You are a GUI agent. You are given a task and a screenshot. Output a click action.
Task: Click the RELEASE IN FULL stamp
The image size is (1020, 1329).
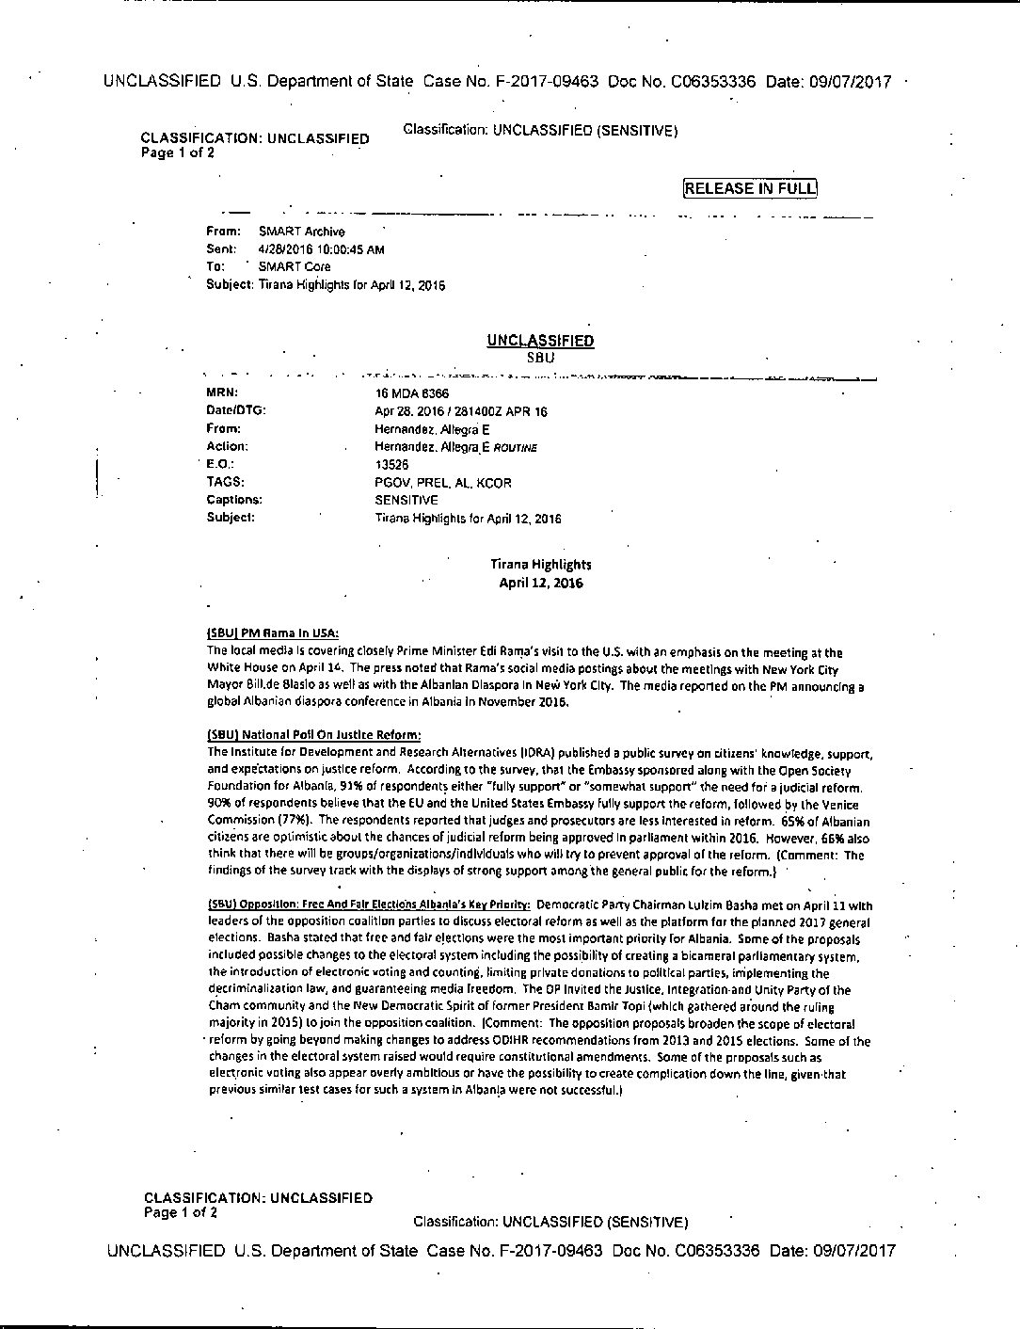pos(750,188)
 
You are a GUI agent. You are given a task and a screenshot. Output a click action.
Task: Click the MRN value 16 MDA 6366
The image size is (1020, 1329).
pos(412,393)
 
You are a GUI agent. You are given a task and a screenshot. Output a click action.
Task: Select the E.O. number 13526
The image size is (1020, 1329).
pos(391,465)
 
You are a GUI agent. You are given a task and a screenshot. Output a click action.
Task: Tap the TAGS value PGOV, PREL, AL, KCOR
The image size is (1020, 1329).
pos(443,483)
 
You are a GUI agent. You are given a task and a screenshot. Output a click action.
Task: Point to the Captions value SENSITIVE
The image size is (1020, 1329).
pos(406,500)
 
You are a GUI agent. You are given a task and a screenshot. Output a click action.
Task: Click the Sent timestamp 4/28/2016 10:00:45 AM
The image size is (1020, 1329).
pos(321,249)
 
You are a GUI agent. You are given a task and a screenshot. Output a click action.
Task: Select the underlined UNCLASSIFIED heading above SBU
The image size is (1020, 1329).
pos(540,341)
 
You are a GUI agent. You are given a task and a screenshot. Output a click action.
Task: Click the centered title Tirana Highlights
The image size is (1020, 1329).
pos(540,565)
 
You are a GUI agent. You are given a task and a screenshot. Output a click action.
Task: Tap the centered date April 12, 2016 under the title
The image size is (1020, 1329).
pos(540,583)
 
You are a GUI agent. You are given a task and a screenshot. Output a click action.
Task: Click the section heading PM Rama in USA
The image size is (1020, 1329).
pos(273,633)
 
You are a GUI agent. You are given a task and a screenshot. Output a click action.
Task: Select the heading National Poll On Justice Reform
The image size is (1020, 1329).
pos(314,734)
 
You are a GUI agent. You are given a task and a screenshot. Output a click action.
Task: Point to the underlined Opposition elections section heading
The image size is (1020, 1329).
pos(369,905)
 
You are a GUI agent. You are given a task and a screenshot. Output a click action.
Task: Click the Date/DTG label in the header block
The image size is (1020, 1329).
pos(236,410)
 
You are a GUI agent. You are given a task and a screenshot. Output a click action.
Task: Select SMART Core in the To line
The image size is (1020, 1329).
pos(295,266)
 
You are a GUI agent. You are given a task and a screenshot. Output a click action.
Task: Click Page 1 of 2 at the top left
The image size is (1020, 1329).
pos(178,152)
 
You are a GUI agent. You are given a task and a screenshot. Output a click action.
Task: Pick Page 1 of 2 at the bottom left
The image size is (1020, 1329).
pos(181,1212)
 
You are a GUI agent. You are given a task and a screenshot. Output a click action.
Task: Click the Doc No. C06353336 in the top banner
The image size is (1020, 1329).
pos(682,82)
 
